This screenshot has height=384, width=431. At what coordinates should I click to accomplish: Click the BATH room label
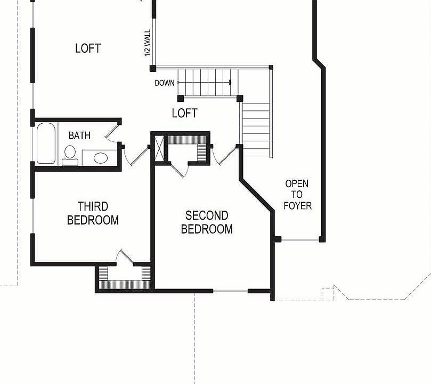(x=79, y=135)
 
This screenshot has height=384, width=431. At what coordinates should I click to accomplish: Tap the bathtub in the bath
(x=46, y=143)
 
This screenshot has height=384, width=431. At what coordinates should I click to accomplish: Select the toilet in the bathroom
(x=70, y=155)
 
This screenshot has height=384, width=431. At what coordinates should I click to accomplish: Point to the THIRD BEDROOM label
(x=93, y=213)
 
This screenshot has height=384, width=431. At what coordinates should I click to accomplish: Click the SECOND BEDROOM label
(x=207, y=222)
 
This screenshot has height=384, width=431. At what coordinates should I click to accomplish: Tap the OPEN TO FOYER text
(x=297, y=195)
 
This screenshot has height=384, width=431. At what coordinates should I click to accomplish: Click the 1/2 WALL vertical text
(x=148, y=44)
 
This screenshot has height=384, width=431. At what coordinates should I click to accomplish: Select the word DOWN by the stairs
(x=165, y=83)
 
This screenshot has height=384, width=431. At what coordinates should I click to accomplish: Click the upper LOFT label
(x=88, y=49)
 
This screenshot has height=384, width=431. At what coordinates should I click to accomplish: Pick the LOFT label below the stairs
(x=185, y=113)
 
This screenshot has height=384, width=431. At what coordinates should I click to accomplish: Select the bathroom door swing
(x=112, y=133)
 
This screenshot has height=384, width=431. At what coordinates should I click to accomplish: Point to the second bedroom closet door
(x=180, y=170)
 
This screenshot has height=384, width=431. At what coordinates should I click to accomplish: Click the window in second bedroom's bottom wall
(x=230, y=291)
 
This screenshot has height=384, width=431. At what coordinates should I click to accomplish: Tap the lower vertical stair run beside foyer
(x=256, y=129)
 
